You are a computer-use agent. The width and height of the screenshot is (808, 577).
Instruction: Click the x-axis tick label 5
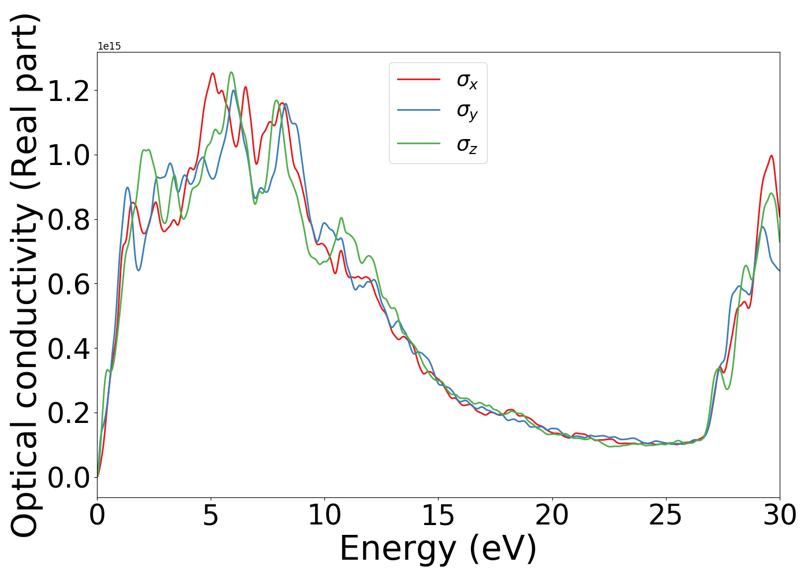tap(211, 516)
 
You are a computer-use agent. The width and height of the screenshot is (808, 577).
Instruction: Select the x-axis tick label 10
tap(324, 516)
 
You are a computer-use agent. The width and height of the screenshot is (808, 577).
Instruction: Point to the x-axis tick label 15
tap(438, 516)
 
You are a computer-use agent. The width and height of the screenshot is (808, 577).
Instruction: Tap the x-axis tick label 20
tap(552, 516)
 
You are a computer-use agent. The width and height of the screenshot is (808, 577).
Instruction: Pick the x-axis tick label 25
tap(665, 516)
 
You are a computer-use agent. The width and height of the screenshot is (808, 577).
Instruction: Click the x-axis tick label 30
tap(779, 516)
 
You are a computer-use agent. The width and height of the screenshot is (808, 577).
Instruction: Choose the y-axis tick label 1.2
tap(69, 91)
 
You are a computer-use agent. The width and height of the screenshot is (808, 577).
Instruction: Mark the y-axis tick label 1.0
tap(69, 155)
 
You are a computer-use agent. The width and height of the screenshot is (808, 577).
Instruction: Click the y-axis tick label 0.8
tap(69, 220)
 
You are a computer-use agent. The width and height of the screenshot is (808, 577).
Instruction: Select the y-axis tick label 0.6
tap(69, 284)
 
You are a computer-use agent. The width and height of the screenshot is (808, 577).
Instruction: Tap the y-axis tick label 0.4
tap(69, 349)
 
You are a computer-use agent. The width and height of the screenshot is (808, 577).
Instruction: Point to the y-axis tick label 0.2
tap(69, 413)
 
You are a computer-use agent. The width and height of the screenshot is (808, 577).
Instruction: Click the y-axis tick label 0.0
tap(69, 478)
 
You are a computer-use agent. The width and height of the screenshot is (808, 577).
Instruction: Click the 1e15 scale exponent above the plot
tap(109, 47)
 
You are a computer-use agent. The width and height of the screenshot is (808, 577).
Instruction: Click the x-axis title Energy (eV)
tap(438, 548)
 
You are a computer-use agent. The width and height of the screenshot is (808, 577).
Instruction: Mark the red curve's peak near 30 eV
tap(770, 156)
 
